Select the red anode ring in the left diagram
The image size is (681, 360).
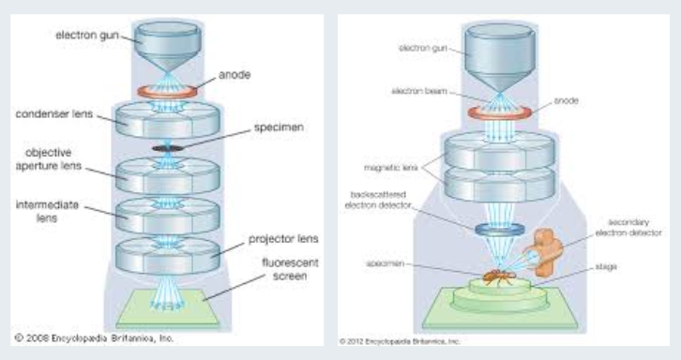[x=164, y=92]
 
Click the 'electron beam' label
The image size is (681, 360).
[x=397, y=93]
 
